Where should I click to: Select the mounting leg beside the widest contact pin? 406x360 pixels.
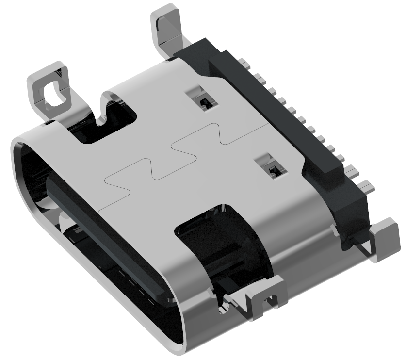tap(386, 238)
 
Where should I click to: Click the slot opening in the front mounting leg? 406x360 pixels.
tap(272, 300)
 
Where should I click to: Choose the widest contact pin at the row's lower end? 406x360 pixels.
tap(367, 186)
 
